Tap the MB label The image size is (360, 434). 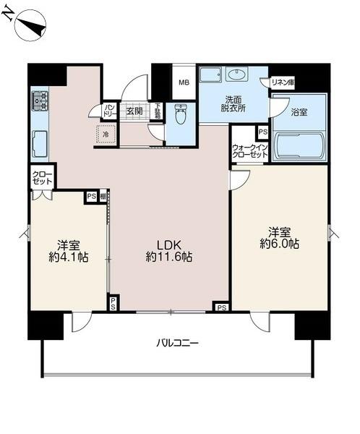pos(184,82)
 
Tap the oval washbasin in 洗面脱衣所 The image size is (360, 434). pos(236,74)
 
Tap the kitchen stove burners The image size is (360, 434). pos(38,103)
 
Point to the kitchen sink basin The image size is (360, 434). pos(38,142)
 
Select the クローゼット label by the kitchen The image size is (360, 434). pos(42,178)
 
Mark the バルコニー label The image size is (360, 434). pos(176,342)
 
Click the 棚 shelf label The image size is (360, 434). pos(103,195)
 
